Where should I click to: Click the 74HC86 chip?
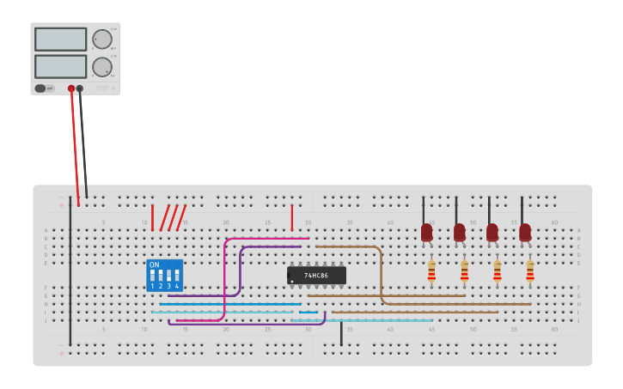point(316,275)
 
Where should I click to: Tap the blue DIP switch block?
point(164,275)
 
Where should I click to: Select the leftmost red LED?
point(426,233)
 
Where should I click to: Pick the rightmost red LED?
point(524,233)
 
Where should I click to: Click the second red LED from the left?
point(459,233)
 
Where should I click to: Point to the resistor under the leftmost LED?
point(431,272)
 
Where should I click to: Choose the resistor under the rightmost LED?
point(529,272)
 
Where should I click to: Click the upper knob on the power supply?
point(101,39)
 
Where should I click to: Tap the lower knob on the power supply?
point(101,67)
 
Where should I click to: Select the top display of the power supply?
point(60,39)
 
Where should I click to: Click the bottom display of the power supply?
point(60,66)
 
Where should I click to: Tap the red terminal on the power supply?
point(71,88)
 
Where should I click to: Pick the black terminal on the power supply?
point(80,88)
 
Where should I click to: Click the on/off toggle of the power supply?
point(40,88)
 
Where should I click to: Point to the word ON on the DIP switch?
point(155,265)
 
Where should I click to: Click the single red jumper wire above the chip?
point(291,217)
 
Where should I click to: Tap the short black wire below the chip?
point(341,333)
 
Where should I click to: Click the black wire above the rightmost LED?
point(522,210)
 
